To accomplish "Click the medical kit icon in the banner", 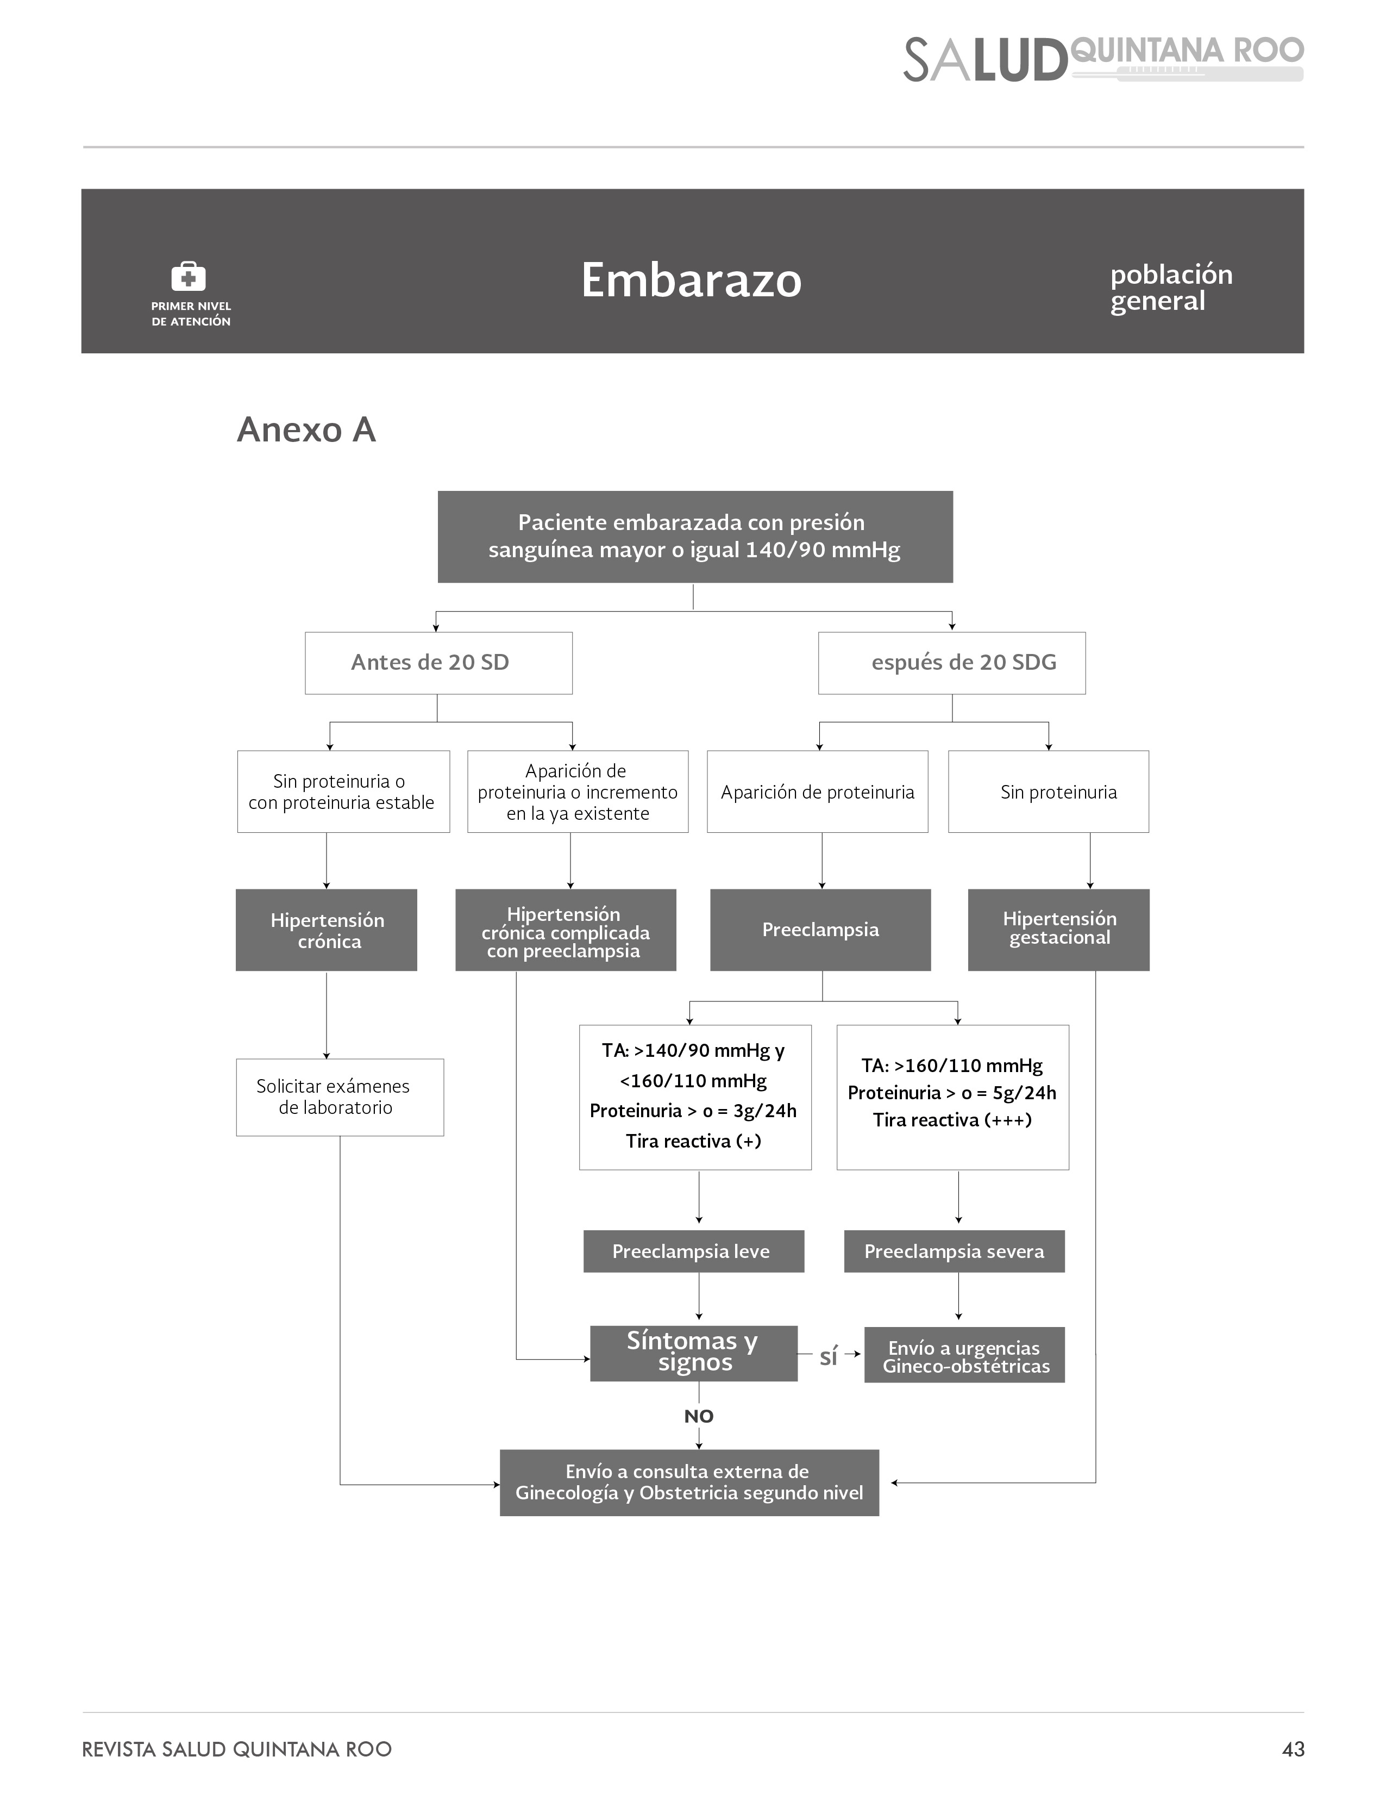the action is tap(188, 276).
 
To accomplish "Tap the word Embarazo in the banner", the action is tap(691, 280).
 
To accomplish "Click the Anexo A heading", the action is tap(306, 429).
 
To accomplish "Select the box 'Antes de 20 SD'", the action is tap(438, 663).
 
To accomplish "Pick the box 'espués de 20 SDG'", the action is tap(952, 663).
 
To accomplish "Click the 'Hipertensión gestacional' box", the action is tap(1058, 930).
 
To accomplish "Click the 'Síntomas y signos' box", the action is tap(694, 1353).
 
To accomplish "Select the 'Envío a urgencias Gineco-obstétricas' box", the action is tap(965, 1355).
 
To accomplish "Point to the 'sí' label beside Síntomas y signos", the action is tap(829, 1356).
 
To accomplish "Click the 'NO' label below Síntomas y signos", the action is tap(699, 1416).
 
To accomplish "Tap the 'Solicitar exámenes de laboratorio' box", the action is tap(340, 1098).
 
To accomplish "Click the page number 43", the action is tap(1293, 1749).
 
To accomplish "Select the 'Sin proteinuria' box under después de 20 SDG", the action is tap(1049, 792).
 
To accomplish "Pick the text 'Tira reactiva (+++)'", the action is tap(952, 1120).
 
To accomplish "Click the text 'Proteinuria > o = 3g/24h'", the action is tap(693, 1111).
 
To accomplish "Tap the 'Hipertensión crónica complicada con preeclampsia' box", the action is tap(566, 930).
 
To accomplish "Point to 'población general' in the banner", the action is tap(1172, 288).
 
